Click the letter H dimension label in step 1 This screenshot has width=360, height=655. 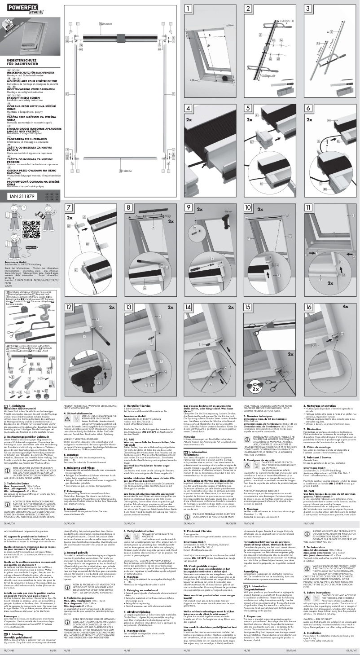(x=208, y=45)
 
